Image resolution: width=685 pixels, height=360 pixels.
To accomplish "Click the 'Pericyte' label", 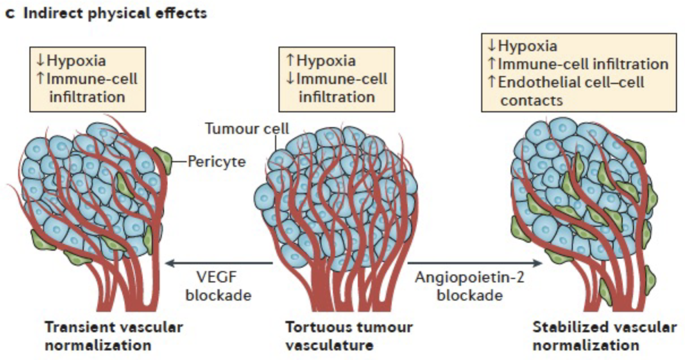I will (x=216, y=162).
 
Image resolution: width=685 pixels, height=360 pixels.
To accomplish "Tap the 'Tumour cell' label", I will (x=246, y=129).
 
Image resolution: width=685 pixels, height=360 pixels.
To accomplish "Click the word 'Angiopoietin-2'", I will (x=469, y=277).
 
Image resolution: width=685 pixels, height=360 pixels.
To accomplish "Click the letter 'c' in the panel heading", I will (x=10, y=14).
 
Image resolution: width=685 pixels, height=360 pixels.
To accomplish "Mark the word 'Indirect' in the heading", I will (x=53, y=13).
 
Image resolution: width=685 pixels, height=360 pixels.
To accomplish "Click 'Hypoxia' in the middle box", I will (x=326, y=60).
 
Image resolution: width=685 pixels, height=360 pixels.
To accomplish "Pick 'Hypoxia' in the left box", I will (x=76, y=60).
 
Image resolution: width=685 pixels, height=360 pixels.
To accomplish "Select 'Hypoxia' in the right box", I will (x=527, y=46).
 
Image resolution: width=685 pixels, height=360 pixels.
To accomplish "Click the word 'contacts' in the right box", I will (x=532, y=100).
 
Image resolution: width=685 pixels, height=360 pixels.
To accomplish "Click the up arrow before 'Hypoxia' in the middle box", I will (x=290, y=60).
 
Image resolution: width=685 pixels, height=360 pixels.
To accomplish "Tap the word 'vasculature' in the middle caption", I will (x=329, y=345).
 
